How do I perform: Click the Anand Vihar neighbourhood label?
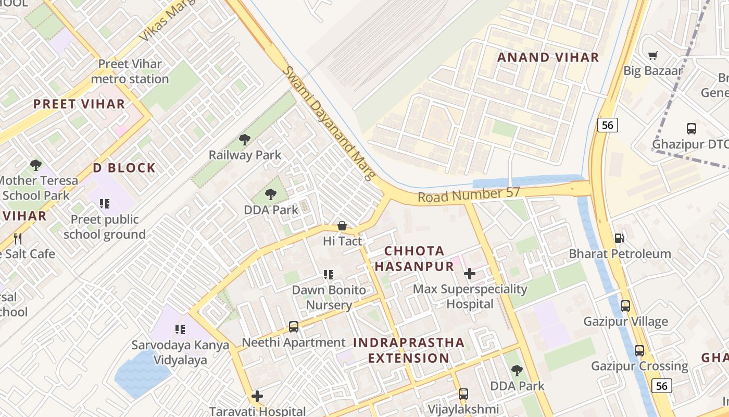point(548,57)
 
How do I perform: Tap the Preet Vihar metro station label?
point(130,71)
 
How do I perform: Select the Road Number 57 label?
point(469,195)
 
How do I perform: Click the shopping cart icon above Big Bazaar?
point(653,55)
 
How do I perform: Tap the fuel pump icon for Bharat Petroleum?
point(619,238)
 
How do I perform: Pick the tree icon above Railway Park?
point(244,139)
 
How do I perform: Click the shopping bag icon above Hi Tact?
point(342,226)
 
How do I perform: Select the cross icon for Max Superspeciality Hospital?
point(470,273)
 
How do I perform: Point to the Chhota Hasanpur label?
point(414,259)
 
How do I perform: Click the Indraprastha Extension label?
point(408,350)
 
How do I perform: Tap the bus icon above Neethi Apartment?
point(294,327)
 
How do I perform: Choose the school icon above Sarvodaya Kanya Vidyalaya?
point(180,329)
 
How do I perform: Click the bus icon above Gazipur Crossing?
point(639,351)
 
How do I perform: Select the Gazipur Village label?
point(625,321)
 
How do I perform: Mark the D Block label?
point(124,168)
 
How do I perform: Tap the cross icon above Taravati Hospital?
point(257,396)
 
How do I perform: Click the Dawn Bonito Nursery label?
point(329,297)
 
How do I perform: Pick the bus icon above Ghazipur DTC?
point(692,128)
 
